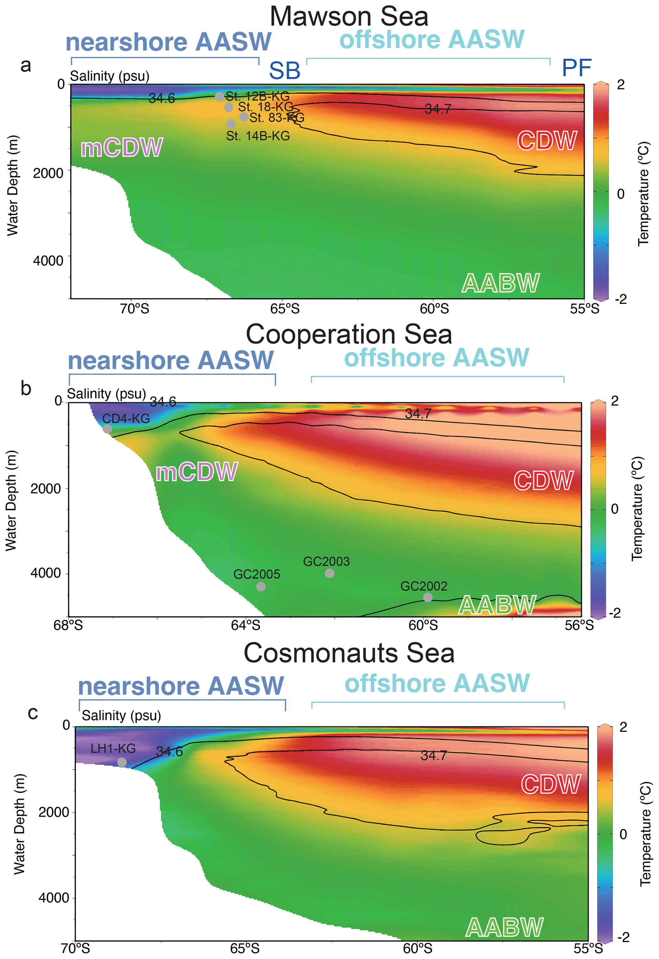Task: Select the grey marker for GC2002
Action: click(x=428, y=597)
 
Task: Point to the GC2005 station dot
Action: click(x=260, y=586)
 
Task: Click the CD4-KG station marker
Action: click(x=107, y=429)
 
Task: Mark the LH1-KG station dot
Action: click(x=122, y=762)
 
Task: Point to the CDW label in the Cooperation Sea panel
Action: click(x=543, y=480)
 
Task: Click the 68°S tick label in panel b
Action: click(x=68, y=625)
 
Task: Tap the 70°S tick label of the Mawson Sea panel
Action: click(x=135, y=309)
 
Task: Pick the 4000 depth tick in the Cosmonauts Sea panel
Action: click(x=54, y=897)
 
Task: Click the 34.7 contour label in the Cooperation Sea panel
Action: click(x=418, y=413)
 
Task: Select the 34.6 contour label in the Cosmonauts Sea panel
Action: click(x=169, y=751)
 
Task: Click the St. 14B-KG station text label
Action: click(x=258, y=136)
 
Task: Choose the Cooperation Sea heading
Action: click(x=349, y=334)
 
